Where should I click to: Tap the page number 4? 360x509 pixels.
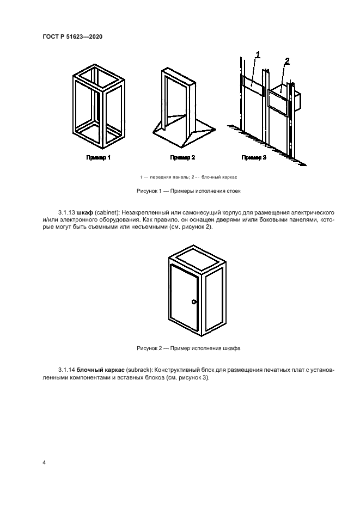click(x=44, y=463)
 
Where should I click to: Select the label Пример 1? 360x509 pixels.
click(x=99, y=158)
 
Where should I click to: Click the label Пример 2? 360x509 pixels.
click(x=182, y=158)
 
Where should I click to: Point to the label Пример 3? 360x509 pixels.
click(x=254, y=158)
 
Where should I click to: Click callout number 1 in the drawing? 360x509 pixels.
click(x=258, y=54)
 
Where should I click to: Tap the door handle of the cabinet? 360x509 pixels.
click(x=194, y=301)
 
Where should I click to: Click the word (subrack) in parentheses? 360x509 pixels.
click(x=139, y=369)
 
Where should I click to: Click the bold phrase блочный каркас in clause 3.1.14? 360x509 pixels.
click(x=101, y=369)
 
